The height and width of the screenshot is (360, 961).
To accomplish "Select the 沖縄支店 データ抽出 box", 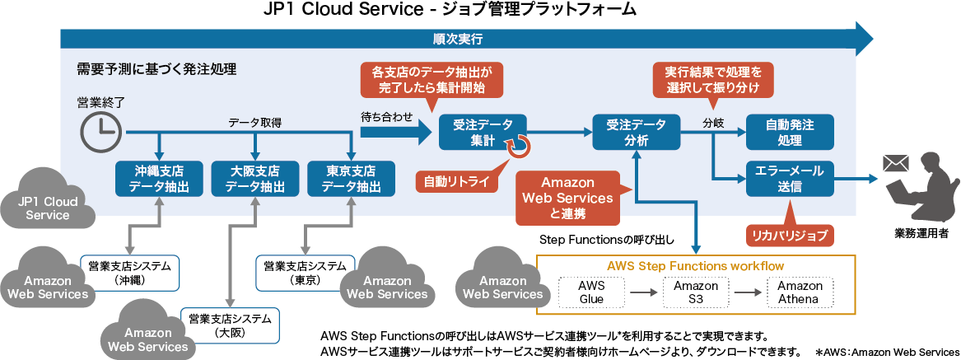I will point(158,179).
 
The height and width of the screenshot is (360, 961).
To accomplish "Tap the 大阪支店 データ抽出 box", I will point(255,179).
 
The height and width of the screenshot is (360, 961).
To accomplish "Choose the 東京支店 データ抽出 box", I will point(352,179).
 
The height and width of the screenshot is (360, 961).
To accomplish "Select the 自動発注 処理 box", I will point(790,132).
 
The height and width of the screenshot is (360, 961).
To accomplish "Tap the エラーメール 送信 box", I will point(790,178).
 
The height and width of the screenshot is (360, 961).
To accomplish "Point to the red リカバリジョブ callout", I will point(789,235).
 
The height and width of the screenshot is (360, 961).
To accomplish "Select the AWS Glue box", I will point(592,292).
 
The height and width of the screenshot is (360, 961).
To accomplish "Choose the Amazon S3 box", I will point(697,292).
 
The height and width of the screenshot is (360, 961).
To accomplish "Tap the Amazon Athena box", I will point(800,292).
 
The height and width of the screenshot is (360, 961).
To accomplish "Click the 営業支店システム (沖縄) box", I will point(130,272).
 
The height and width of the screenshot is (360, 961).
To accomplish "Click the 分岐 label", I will point(713,123).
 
